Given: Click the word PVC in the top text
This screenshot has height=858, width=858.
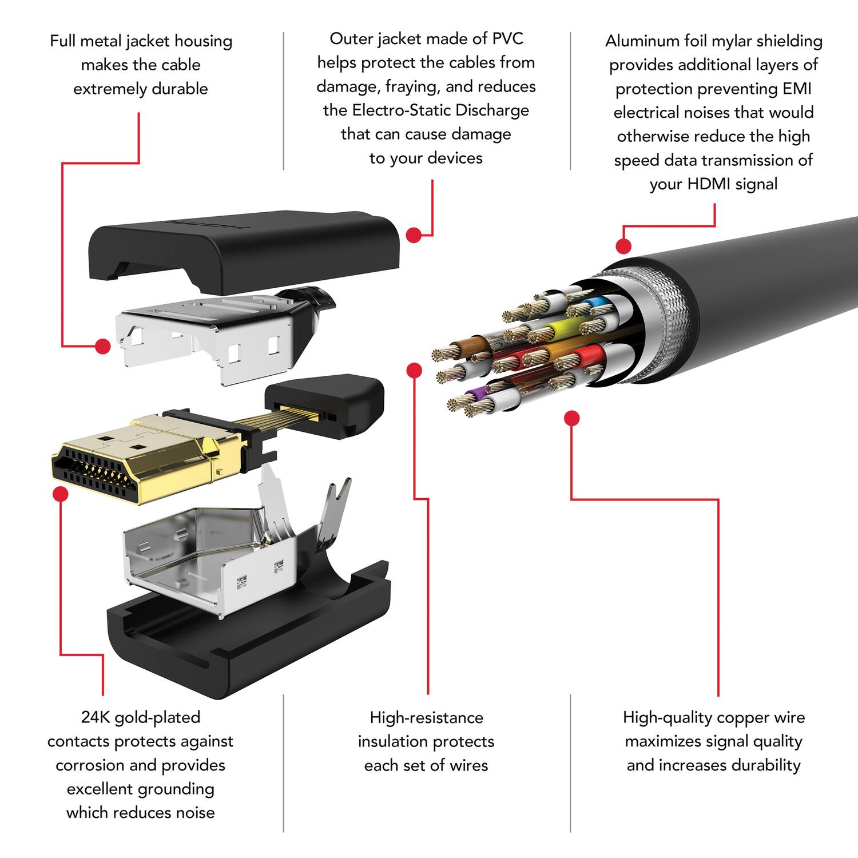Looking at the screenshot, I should (507, 39).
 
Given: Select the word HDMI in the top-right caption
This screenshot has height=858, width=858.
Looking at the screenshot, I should (709, 184).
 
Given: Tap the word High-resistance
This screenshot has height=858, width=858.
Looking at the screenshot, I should (426, 717).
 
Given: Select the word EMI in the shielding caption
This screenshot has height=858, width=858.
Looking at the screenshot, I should (797, 89).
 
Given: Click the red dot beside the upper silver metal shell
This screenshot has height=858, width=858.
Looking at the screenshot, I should (103, 346).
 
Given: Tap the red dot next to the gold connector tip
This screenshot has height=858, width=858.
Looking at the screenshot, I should (60, 493).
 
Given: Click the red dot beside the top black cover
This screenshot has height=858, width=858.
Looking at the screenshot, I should (414, 235).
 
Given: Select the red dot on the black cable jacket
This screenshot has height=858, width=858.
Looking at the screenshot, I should (623, 247).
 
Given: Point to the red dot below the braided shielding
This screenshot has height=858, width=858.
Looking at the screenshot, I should (571, 419).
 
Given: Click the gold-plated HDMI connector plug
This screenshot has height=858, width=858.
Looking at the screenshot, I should (132, 458).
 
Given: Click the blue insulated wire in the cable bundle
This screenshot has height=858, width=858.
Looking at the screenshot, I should (589, 301).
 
